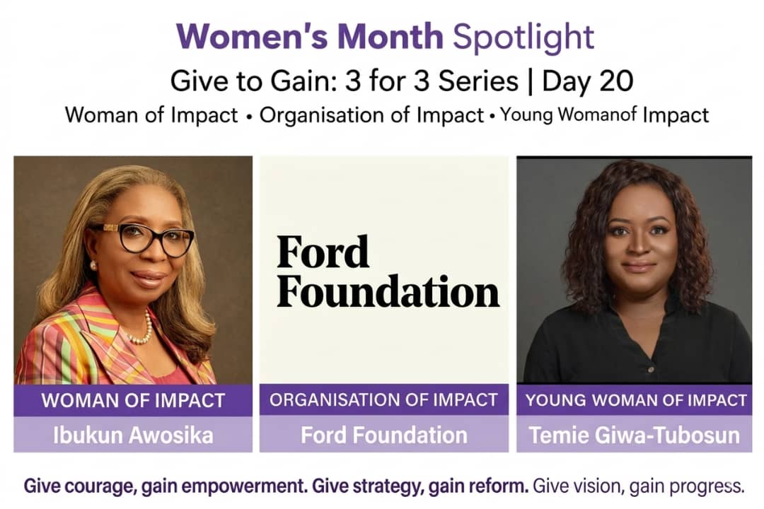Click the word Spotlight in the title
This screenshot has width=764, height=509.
(523, 37)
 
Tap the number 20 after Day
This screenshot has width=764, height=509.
(616, 81)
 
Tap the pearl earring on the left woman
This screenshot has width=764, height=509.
(93, 266)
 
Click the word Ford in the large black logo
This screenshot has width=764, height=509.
(323, 252)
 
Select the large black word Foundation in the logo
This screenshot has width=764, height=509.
(388, 291)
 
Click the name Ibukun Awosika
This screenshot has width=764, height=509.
(133, 435)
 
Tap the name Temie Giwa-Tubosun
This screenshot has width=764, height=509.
(635, 435)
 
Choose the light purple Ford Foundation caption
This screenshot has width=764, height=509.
(384, 435)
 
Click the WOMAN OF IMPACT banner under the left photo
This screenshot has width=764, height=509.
(133, 400)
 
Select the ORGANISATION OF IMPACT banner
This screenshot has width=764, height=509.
(384, 400)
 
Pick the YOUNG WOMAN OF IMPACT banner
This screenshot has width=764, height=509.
(635, 400)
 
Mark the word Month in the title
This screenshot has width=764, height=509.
(390, 37)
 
